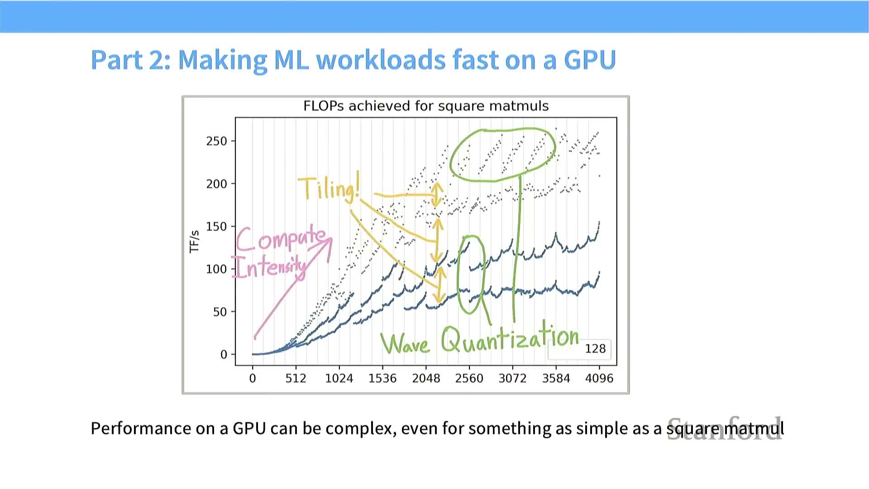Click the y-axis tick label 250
(x=216, y=141)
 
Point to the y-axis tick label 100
(x=216, y=269)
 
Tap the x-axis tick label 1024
(x=339, y=379)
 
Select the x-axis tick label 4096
(x=599, y=379)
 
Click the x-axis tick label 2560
(x=469, y=379)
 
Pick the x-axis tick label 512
(x=296, y=379)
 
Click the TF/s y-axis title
(x=194, y=242)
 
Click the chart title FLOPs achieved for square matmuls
(x=426, y=106)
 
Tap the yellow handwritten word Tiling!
(x=329, y=188)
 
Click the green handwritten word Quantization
(x=510, y=338)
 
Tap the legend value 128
(x=595, y=349)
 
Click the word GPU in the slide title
(x=589, y=59)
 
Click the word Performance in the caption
(x=141, y=428)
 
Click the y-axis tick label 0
(x=224, y=355)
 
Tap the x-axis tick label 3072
(x=512, y=379)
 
